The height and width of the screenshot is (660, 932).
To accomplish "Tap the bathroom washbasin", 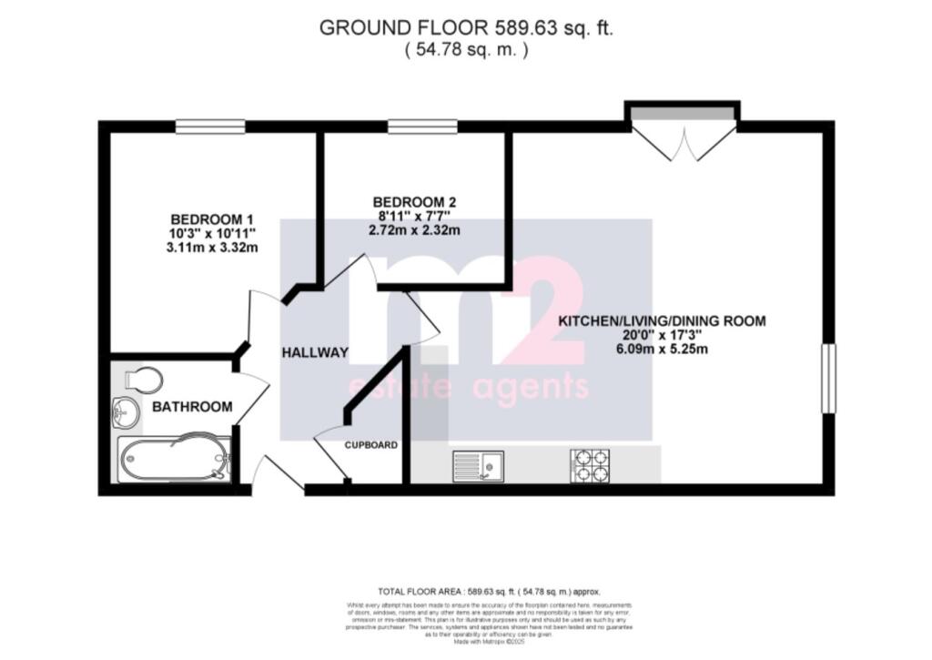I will [x=125, y=413].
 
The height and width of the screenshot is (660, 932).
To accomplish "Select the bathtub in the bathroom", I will [x=173, y=458].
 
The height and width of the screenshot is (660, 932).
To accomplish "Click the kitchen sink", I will [x=479, y=465].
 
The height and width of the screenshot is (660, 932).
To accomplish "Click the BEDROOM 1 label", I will [x=211, y=219].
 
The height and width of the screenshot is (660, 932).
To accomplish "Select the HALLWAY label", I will [x=314, y=352].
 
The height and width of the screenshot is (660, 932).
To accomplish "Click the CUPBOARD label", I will [x=370, y=445].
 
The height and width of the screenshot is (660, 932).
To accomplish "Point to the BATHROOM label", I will [x=192, y=407].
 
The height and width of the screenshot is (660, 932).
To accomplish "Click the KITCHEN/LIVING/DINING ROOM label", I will [x=662, y=320].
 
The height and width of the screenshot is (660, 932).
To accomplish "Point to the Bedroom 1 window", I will [x=210, y=127].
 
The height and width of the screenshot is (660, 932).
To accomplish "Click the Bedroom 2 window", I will [x=410, y=127].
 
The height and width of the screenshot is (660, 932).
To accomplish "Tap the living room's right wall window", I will [x=828, y=378].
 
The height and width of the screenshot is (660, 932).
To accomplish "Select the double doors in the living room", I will [x=683, y=137].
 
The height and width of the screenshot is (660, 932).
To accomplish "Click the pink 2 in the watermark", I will [x=543, y=310].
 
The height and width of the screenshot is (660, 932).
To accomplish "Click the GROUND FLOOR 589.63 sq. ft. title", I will [x=466, y=27].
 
